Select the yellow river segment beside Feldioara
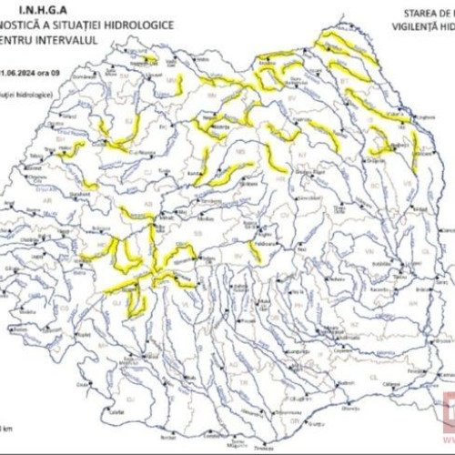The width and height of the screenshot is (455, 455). tap(254, 250)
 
